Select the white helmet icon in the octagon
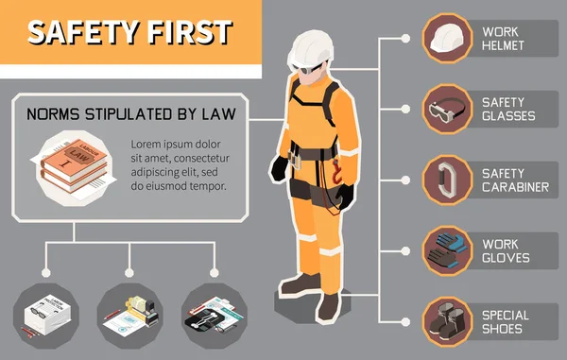coord(447,39)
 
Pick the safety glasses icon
coord(447,108)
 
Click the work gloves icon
coord(447,248)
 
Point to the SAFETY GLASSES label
coord(508,109)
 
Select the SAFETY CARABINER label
coord(515,179)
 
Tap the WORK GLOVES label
coord(506,249)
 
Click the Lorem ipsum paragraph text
coord(179,164)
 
